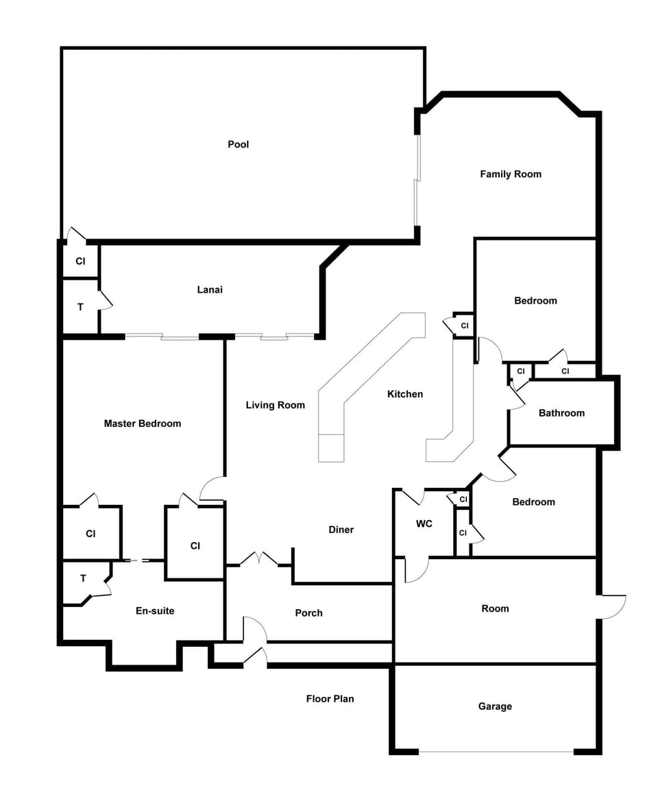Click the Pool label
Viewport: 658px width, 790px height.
tap(239, 145)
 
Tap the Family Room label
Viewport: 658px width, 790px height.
tap(511, 174)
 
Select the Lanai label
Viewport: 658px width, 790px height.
tap(210, 290)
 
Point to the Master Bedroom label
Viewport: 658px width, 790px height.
tap(143, 423)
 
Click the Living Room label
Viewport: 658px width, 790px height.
tap(275, 405)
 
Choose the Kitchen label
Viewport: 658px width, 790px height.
tap(405, 394)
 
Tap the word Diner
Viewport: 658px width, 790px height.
tap(341, 530)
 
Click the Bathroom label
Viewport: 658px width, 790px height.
tap(562, 413)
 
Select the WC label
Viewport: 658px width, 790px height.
tap(424, 524)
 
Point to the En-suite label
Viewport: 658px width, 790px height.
tap(155, 611)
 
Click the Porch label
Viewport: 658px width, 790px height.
tap(309, 613)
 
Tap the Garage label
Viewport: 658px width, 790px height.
tap(495, 707)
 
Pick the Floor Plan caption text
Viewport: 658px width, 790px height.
tap(330, 699)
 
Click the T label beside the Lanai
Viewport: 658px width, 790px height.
tap(81, 307)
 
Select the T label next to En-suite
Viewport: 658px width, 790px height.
tap(83, 578)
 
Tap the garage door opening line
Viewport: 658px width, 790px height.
tap(496, 753)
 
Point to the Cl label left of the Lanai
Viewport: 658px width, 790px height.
tap(81, 262)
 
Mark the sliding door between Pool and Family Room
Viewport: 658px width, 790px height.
tap(417, 180)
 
